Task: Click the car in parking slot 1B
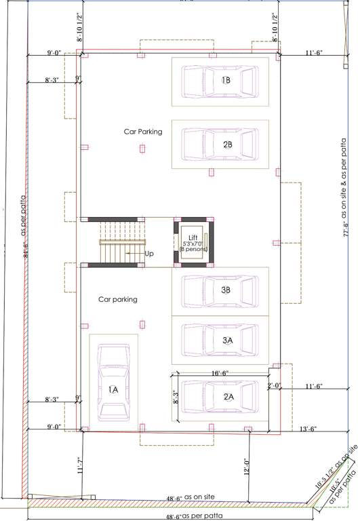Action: click(220, 81)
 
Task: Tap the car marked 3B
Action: click(220, 290)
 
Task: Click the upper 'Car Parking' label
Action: click(142, 132)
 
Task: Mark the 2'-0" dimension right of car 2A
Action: click(274, 386)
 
